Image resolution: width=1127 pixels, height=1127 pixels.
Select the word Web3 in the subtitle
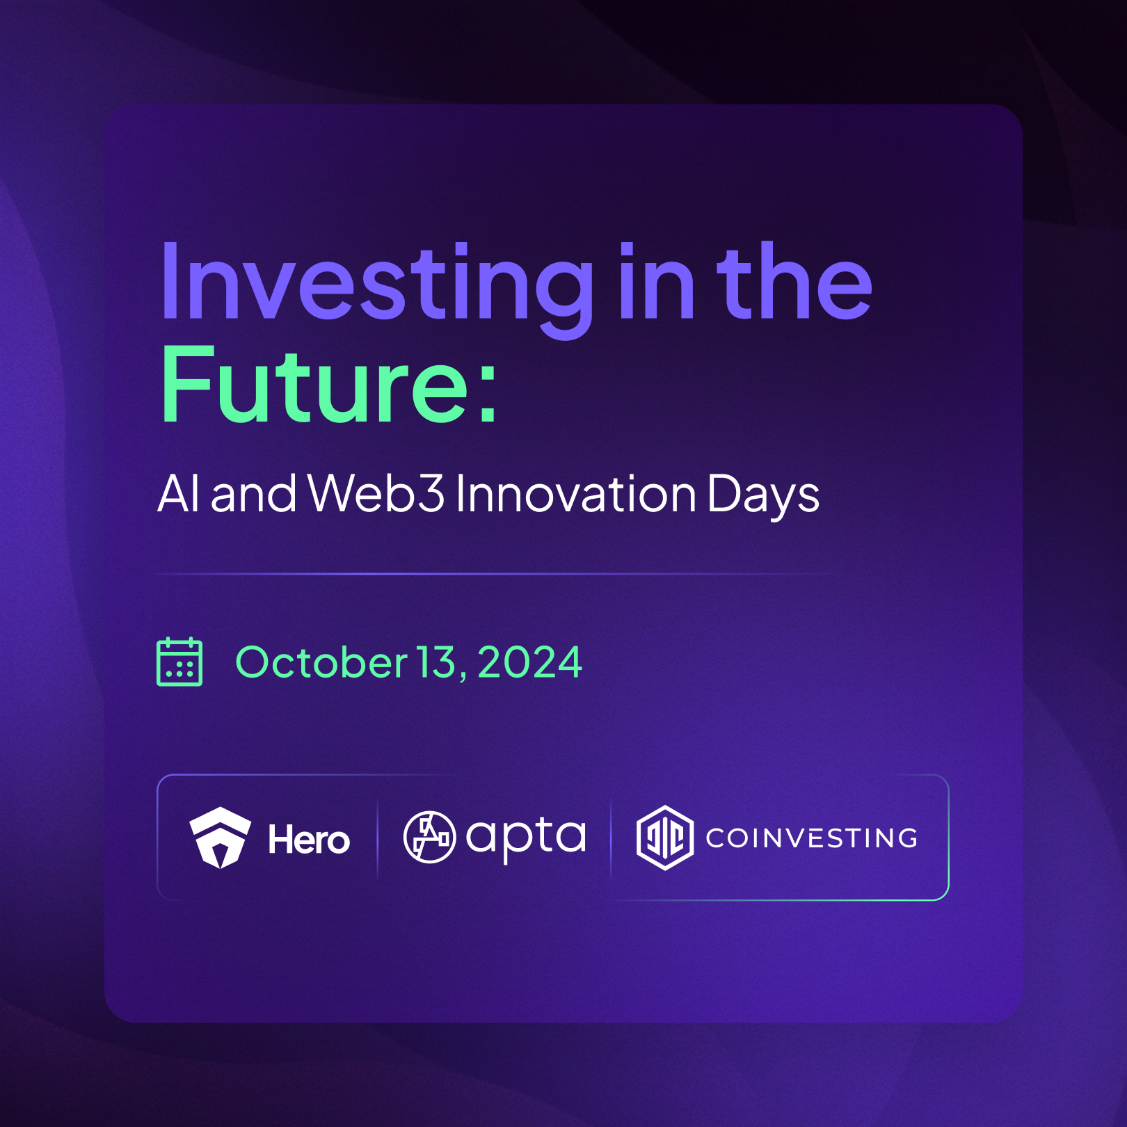pyautogui.click(x=376, y=493)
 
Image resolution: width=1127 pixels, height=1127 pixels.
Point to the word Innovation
pyautogui.click(x=575, y=493)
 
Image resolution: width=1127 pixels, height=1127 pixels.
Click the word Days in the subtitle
pyautogui.click(x=763, y=496)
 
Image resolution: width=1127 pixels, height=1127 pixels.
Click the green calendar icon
pyautogui.click(x=179, y=662)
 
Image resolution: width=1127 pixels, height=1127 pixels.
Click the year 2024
pyautogui.click(x=529, y=662)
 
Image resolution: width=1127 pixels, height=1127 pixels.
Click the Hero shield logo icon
pyautogui.click(x=220, y=838)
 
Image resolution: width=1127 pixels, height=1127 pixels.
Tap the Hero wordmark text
pyautogui.click(x=309, y=840)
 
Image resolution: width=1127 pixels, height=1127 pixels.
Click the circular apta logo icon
pyautogui.click(x=429, y=837)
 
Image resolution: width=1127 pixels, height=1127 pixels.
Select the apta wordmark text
pyautogui.click(x=525, y=839)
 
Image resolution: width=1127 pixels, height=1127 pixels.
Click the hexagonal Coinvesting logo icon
pyautogui.click(x=665, y=838)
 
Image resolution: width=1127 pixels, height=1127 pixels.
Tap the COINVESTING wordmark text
pyautogui.click(x=812, y=838)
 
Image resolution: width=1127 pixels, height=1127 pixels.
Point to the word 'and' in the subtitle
pyautogui.click(x=253, y=493)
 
